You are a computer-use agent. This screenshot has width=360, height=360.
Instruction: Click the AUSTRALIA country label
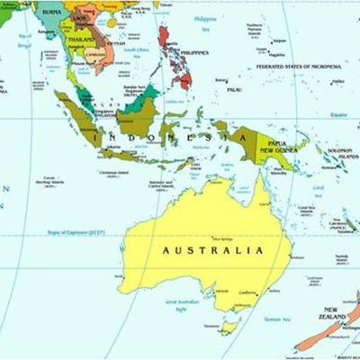tap(212, 250)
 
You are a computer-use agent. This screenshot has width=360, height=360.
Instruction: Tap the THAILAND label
tap(80, 40)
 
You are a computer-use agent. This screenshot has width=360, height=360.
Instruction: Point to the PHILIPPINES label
tap(193, 52)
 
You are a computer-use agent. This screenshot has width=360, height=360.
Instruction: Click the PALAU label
tap(234, 90)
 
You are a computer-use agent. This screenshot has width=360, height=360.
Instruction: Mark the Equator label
tap(338, 114)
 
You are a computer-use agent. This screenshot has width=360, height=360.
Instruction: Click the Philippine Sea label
tap(204, 21)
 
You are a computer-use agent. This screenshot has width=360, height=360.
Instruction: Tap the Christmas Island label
tap(114, 173)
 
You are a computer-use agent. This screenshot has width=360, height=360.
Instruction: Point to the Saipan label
tap(279, 40)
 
